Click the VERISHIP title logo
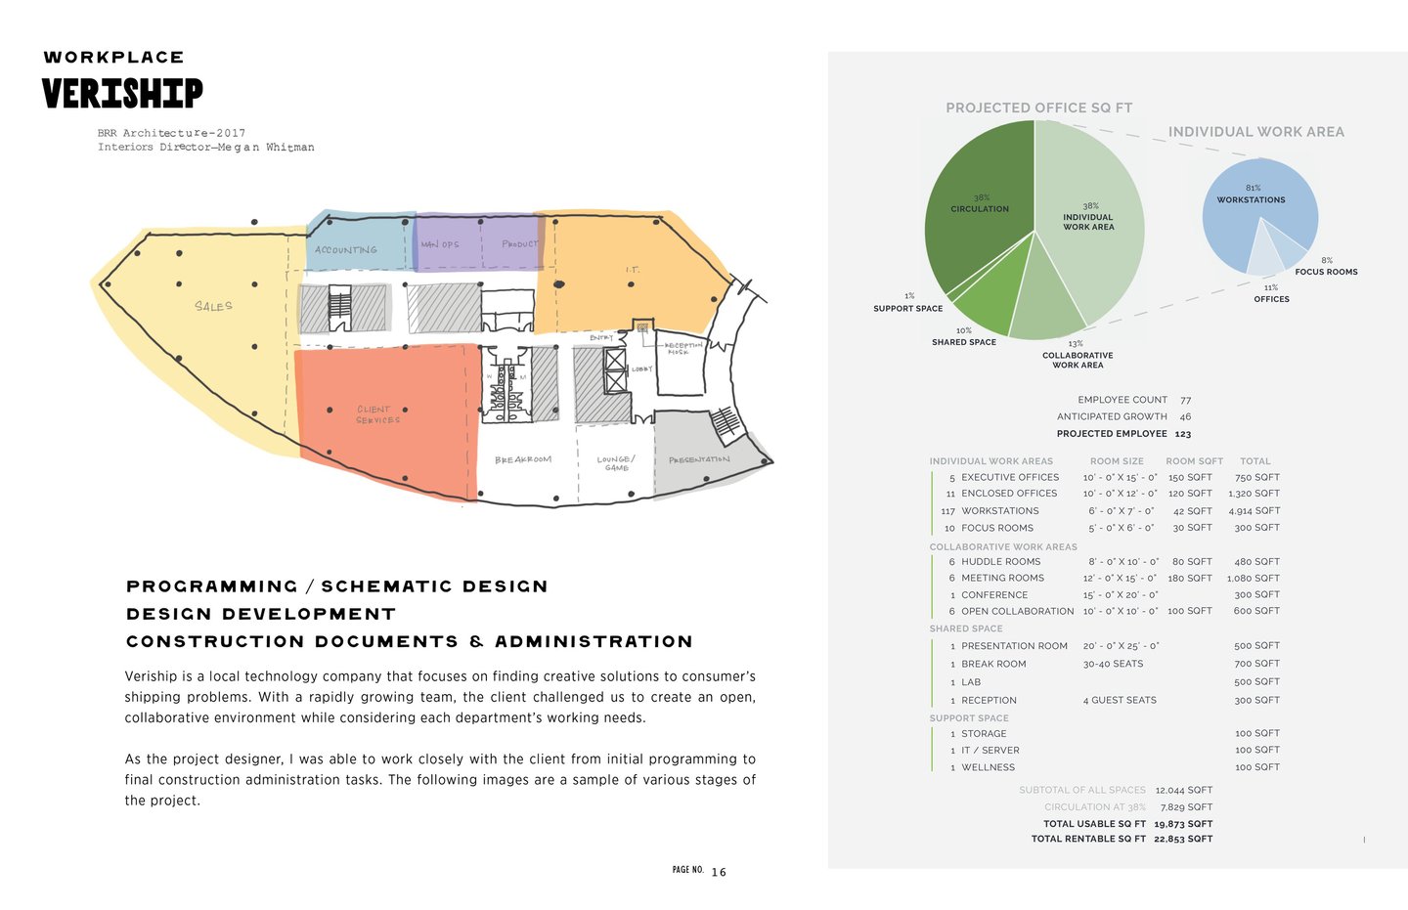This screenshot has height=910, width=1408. [x=122, y=94]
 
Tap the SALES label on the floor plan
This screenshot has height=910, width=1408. [x=213, y=306]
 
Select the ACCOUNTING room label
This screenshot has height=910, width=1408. [x=345, y=250]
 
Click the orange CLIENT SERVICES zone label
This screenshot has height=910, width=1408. [x=377, y=414]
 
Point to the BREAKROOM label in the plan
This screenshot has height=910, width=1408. [x=522, y=459]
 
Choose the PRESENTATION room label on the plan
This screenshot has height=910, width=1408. [x=699, y=459]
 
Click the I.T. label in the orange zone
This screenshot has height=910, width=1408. [x=633, y=270]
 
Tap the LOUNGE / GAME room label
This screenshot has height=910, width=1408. [x=616, y=462]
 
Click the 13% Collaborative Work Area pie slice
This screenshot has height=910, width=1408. [x=1047, y=298]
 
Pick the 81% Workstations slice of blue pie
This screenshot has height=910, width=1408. [x=1254, y=210]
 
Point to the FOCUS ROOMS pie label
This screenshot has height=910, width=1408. [x=1326, y=272]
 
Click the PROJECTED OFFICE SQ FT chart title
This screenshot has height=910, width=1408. [x=1038, y=108]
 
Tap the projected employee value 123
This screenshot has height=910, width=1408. [x=1183, y=434]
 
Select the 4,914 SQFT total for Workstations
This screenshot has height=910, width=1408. [x=1254, y=510]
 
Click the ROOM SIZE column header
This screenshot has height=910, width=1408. [x=1117, y=461]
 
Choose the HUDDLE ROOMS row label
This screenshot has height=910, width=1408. [x=1000, y=562]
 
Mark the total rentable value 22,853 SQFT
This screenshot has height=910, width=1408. [x=1183, y=839]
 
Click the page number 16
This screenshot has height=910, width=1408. [x=719, y=872]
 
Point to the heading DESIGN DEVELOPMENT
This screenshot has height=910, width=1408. [x=261, y=614]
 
